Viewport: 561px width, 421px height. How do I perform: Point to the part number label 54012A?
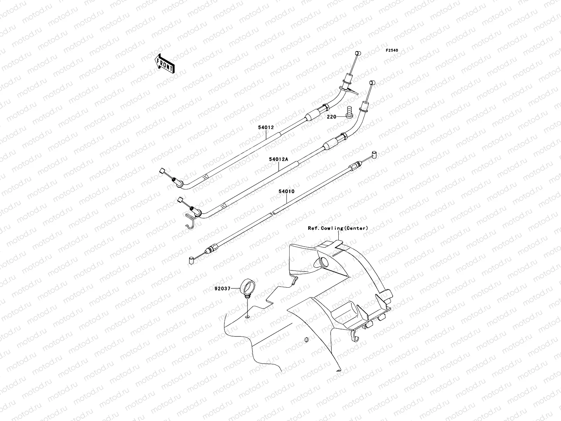tap(278, 159)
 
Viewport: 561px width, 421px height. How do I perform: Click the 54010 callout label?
tap(286, 192)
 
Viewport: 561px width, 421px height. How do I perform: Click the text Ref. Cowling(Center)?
tap(338, 228)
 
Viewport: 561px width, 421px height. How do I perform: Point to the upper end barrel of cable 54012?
tap(357, 53)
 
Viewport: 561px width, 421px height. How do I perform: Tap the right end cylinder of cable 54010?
tap(374, 154)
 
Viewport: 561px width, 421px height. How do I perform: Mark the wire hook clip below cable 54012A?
tap(190, 221)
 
